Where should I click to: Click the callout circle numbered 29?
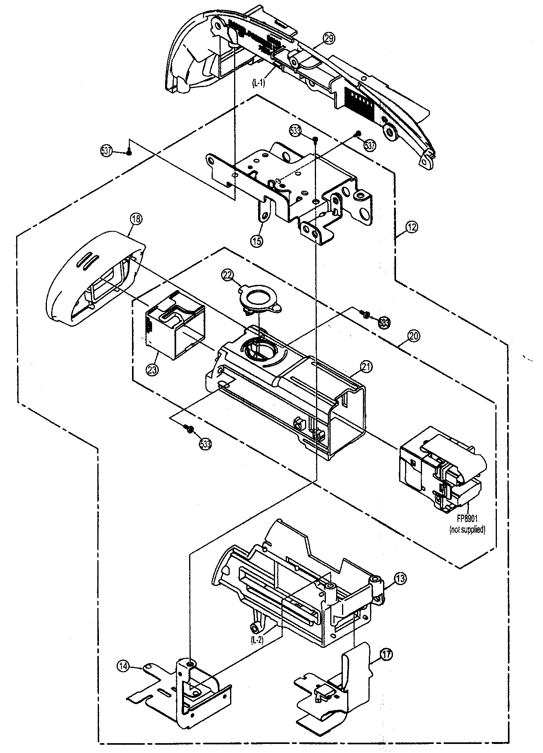coord(329,38)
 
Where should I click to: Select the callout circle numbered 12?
coord(412,227)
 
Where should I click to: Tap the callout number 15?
coord(257,241)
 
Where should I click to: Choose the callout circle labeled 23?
coord(152,369)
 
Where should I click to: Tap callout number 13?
coord(400,579)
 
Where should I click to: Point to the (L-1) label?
coord(259,84)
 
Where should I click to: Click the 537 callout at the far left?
coord(106,151)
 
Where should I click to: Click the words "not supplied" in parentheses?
coord(467,530)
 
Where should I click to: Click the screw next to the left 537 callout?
coord(129,152)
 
